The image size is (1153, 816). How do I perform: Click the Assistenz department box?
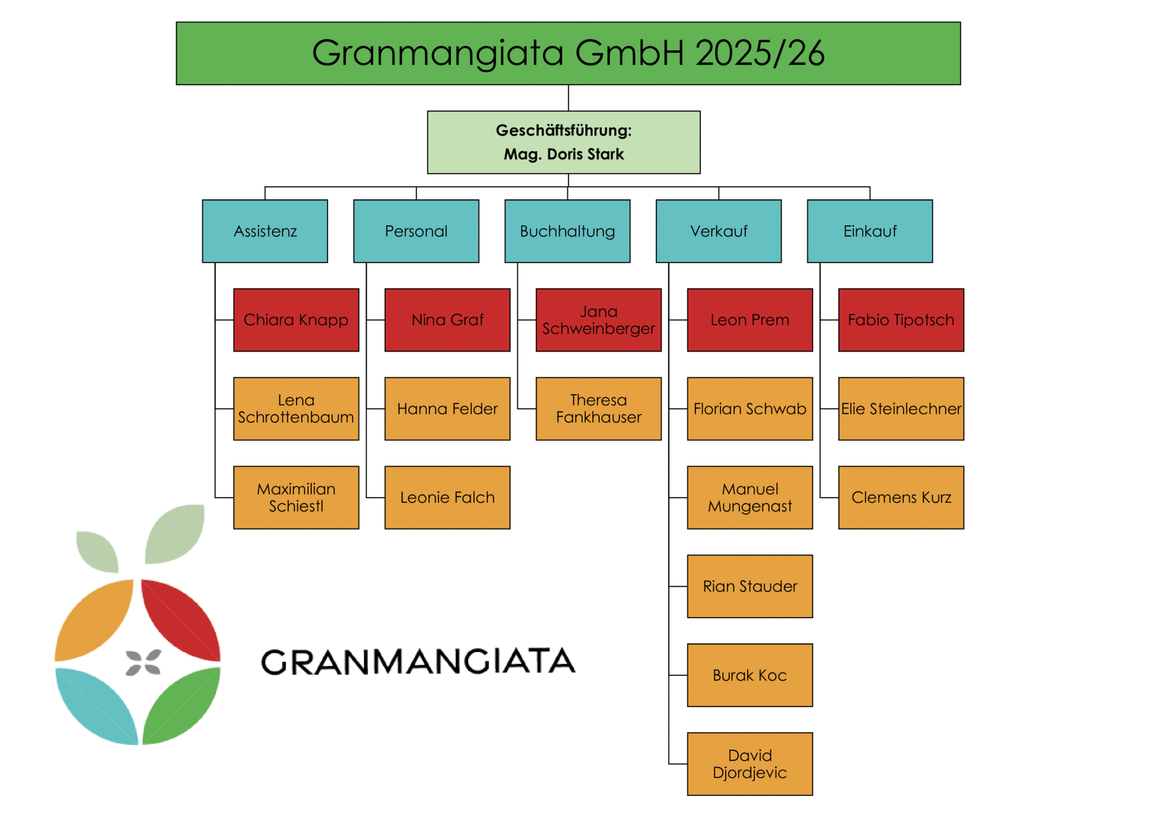tap(265, 231)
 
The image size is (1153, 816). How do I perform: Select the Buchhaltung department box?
tap(567, 231)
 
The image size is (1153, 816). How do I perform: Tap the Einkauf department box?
tap(869, 231)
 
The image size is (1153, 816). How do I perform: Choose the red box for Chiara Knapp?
tap(296, 320)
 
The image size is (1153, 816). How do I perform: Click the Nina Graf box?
tap(447, 320)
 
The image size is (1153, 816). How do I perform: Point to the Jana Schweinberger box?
tap(598, 320)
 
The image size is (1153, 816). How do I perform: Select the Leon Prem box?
tap(749, 320)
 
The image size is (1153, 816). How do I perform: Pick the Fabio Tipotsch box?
tap(901, 320)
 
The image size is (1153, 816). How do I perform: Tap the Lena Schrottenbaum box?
tap(296, 408)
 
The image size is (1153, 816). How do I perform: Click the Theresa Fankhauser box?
tap(598, 408)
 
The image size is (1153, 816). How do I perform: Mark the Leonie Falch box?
tap(447, 497)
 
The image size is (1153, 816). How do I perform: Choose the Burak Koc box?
tap(749, 675)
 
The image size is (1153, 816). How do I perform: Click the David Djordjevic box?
tap(749, 764)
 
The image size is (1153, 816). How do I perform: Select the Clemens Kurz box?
tap(901, 497)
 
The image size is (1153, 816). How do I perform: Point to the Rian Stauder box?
tap(749, 586)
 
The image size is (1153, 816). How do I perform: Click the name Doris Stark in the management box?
tap(586, 154)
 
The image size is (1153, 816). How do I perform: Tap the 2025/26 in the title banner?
tap(759, 53)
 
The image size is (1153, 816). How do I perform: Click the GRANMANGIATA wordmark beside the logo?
tap(418, 661)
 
